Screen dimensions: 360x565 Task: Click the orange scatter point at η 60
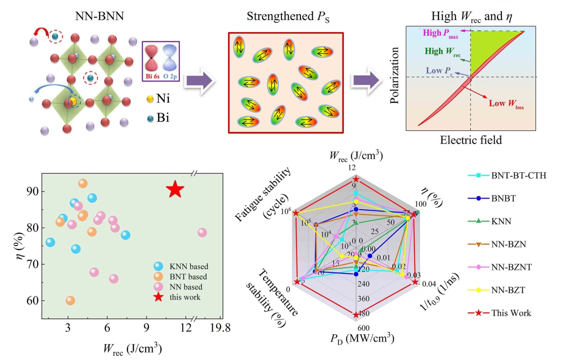tap(70, 301)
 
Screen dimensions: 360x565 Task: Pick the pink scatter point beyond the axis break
tap(203, 233)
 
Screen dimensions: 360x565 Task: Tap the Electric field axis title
tap(471, 140)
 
